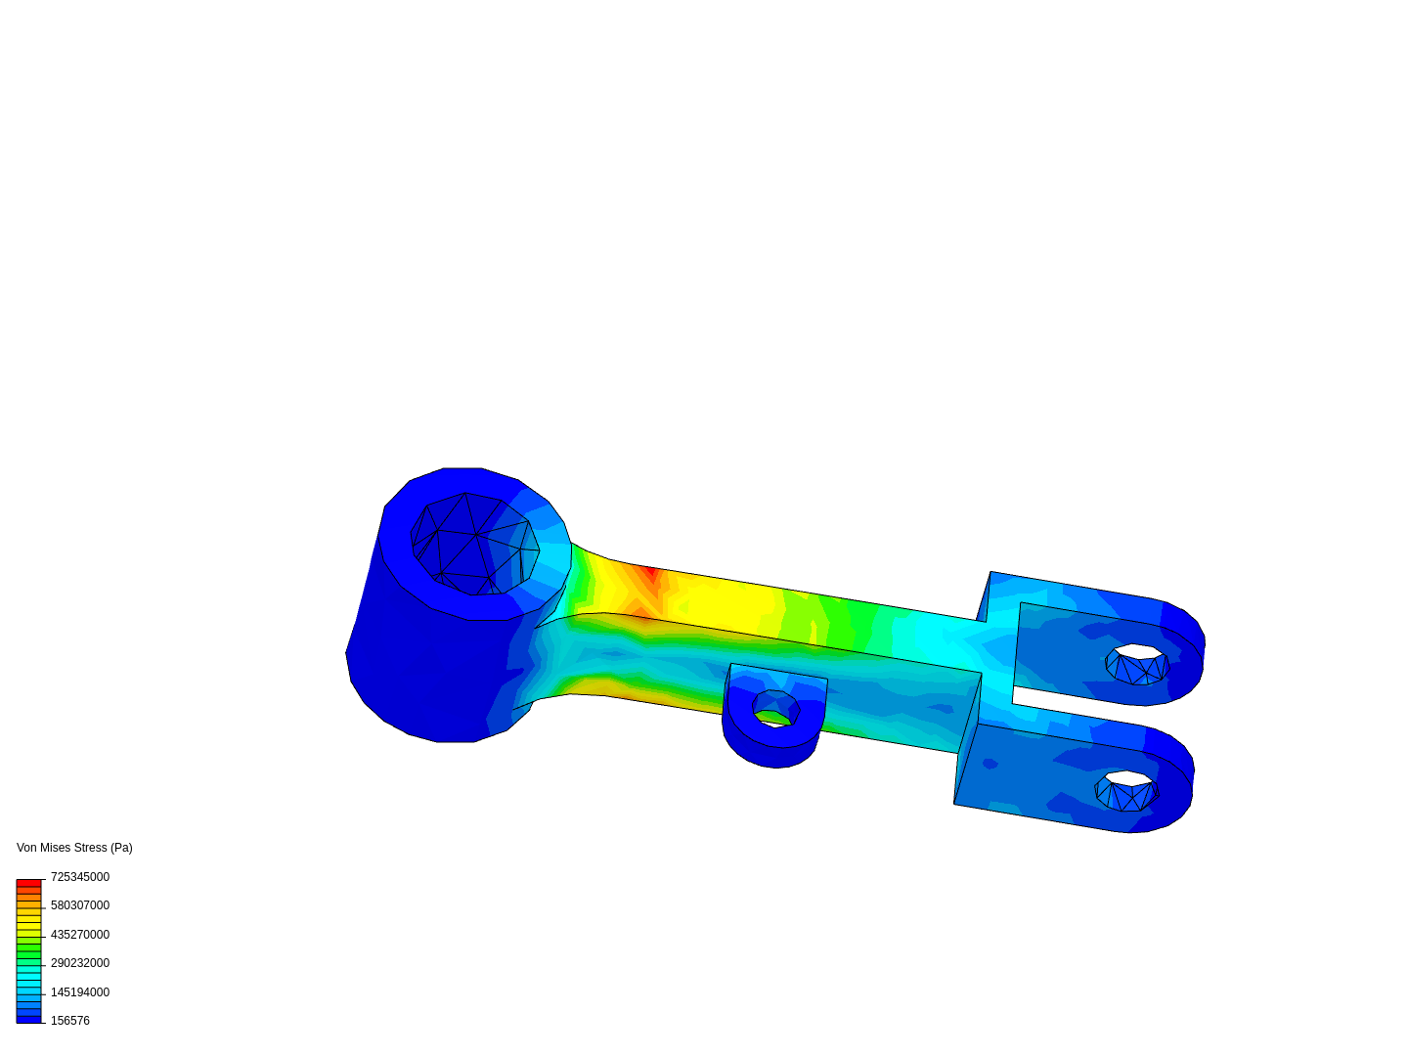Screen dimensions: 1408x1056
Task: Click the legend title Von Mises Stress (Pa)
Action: [x=74, y=848]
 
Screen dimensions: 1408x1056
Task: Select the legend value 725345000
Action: [x=79, y=876]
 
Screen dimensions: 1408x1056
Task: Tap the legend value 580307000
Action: [x=79, y=905]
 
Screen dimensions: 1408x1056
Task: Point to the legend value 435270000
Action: [x=79, y=934]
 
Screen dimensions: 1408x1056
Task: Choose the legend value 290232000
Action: [x=79, y=963]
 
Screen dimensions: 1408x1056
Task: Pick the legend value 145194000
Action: [x=79, y=991]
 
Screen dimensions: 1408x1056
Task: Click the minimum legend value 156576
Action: [x=70, y=1021]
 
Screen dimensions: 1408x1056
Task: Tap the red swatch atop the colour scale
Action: [x=29, y=883]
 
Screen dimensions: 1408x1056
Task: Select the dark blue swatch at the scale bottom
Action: [x=29, y=1020]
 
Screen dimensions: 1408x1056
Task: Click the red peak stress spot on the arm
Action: [x=650, y=573]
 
